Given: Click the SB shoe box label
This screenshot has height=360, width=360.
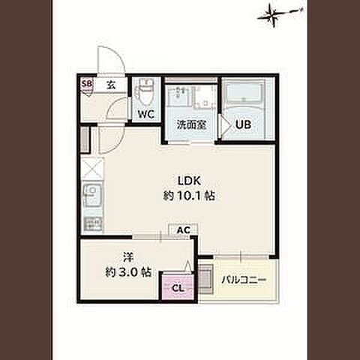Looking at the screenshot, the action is coord(87,84).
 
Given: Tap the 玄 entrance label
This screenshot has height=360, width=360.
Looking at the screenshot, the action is coord(111,85).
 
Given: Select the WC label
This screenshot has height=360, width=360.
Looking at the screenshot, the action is coord(145,115).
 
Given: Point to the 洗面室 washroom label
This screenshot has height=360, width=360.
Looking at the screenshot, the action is coord(191,124).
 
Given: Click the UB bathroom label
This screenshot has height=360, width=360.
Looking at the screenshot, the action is coord(243,124).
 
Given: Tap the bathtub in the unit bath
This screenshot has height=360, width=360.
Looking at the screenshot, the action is coord(244,92).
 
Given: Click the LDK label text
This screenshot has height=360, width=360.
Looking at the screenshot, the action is coord(189,181).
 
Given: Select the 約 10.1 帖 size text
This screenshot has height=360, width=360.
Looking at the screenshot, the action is coord(189,196).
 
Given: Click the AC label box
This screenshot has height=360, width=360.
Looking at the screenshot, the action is coord(184,229).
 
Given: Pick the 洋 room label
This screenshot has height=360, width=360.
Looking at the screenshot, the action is coord(128,257).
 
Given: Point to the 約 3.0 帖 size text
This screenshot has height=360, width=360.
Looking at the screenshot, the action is coord(128,272).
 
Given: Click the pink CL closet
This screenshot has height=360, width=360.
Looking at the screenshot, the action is coord(178,287).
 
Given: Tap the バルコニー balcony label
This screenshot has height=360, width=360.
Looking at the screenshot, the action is coord(244,280).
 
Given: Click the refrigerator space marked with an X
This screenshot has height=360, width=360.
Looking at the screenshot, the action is coord(92,168).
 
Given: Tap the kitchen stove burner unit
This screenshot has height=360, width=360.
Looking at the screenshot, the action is coord(93,224).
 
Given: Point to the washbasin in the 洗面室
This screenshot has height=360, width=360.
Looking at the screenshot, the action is coord(179,95).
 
